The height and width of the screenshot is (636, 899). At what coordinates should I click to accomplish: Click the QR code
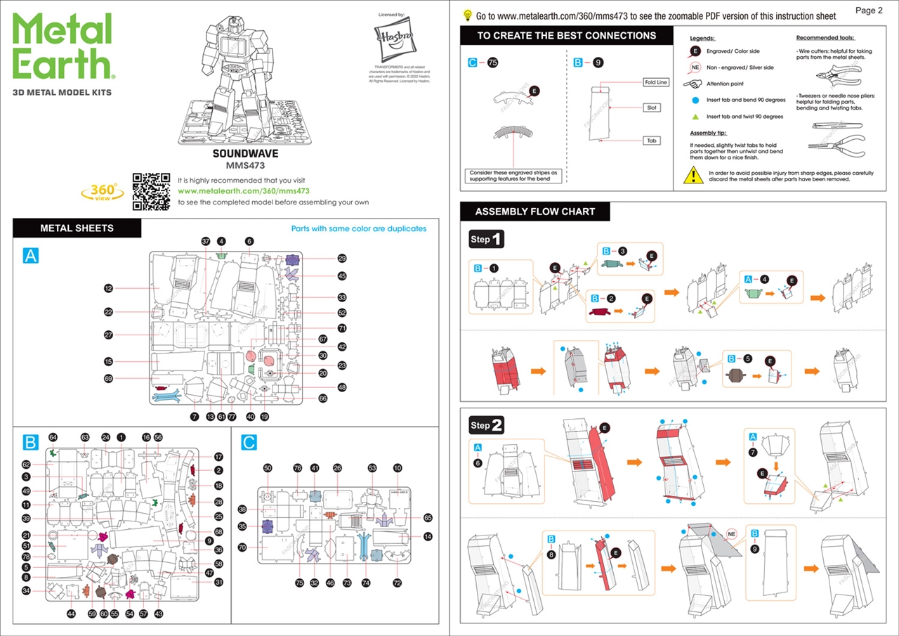[151, 191]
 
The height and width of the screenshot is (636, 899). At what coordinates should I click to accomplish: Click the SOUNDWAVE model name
[245, 153]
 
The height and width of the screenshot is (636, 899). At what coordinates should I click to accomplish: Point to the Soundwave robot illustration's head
[242, 30]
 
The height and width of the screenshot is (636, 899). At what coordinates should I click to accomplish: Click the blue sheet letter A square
[31, 256]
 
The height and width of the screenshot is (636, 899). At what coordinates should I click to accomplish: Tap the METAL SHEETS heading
[77, 228]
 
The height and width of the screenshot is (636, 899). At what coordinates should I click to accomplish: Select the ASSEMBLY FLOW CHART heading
[534, 212]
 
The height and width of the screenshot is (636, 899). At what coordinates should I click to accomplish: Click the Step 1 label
[487, 240]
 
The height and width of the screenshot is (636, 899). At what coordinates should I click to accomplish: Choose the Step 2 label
[487, 425]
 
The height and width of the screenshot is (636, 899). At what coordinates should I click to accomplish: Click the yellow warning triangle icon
[693, 174]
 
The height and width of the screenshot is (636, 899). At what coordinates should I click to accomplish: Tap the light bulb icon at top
[468, 15]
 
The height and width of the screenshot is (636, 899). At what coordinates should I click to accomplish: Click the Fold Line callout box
[656, 82]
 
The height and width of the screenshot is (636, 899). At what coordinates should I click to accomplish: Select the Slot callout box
[652, 108]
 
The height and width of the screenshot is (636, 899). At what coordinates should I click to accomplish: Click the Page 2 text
[870, 11]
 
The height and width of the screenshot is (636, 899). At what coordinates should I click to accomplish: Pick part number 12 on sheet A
[109, 288]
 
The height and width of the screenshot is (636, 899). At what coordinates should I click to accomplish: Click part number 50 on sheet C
[267, 467]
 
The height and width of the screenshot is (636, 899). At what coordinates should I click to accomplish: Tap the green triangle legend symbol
[694, 117]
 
